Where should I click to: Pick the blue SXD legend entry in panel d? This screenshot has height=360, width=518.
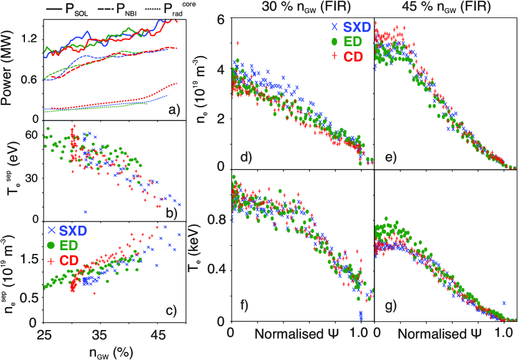350,26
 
